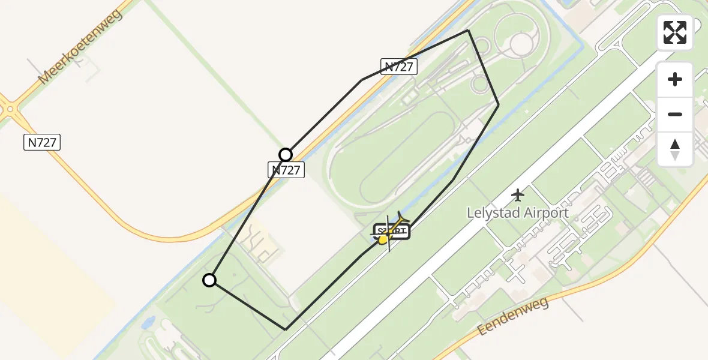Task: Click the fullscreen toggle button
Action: [675, 32]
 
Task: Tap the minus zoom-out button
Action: [675, 114]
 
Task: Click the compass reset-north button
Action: [675, 149]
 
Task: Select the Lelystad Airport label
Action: [517, 213]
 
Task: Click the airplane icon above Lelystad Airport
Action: [517, 195]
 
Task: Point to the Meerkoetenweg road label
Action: [79, 47]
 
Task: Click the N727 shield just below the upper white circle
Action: [286, 170]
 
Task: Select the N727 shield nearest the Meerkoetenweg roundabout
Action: [43, 142]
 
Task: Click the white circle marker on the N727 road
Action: [286, 154]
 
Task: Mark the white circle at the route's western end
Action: [209, 280]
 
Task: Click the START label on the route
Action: [392, 232]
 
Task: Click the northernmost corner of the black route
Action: [468, 31]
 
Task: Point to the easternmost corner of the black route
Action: [498, 105]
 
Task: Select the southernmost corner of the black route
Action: [286, 329]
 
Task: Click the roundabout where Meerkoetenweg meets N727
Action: [8, 110]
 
